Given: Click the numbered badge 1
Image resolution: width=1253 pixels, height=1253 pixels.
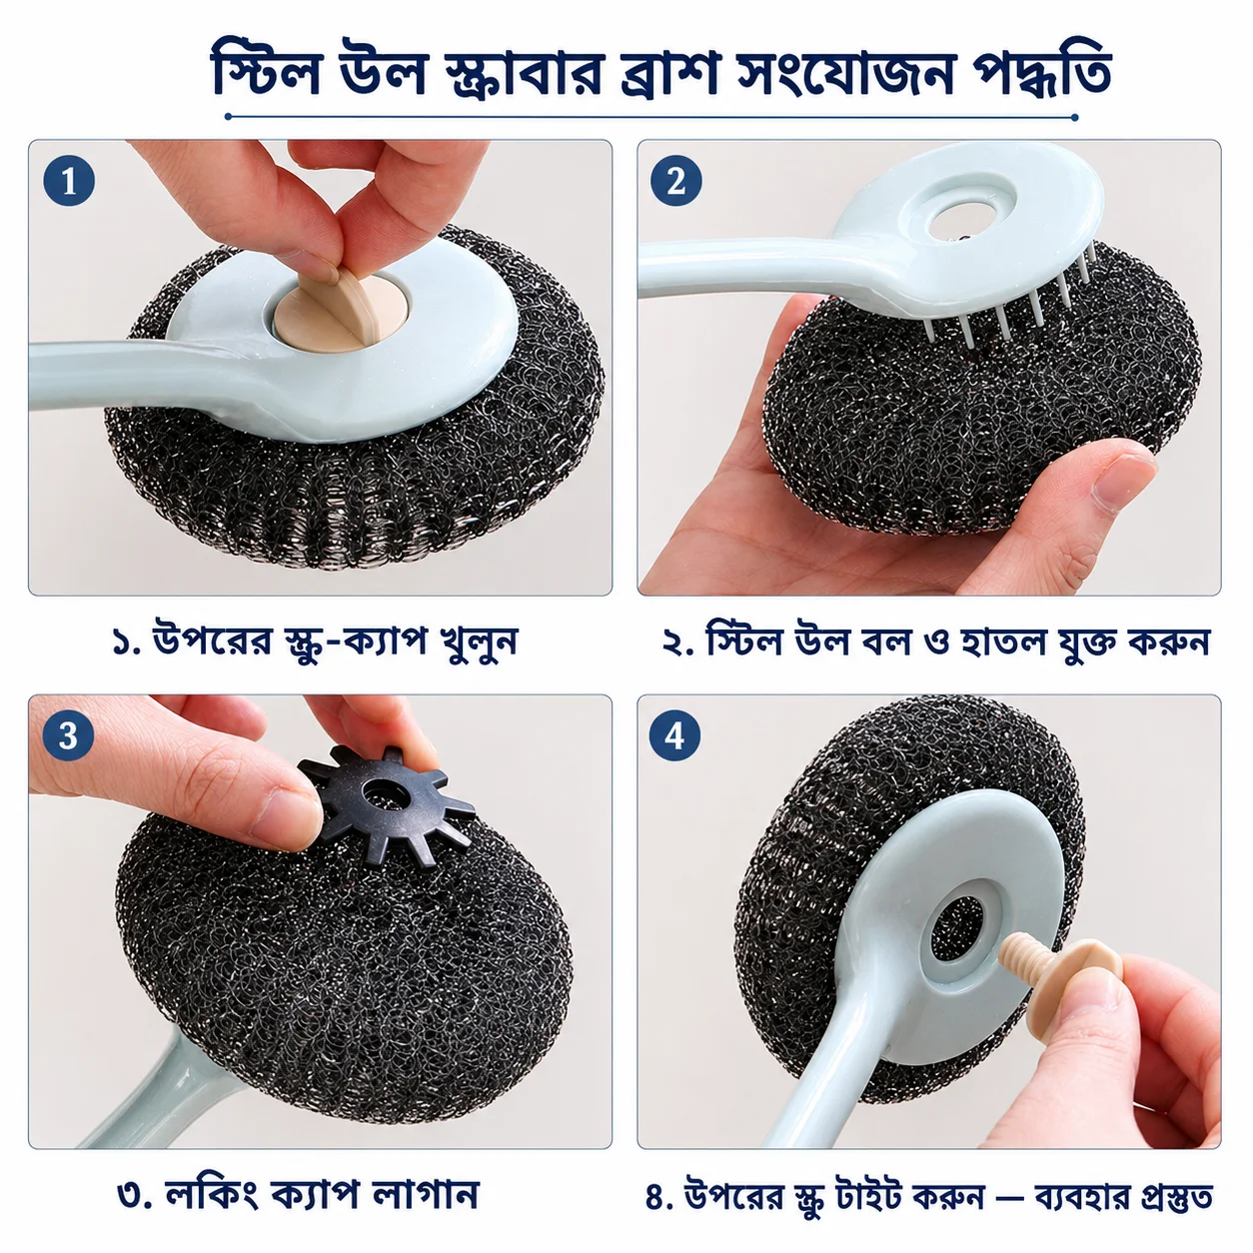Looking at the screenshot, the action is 69,181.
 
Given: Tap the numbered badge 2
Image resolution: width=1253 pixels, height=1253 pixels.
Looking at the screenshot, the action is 676,181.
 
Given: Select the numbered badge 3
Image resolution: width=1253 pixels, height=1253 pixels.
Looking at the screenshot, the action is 68,736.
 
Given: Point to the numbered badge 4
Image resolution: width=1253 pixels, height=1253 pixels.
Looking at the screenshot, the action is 674,736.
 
